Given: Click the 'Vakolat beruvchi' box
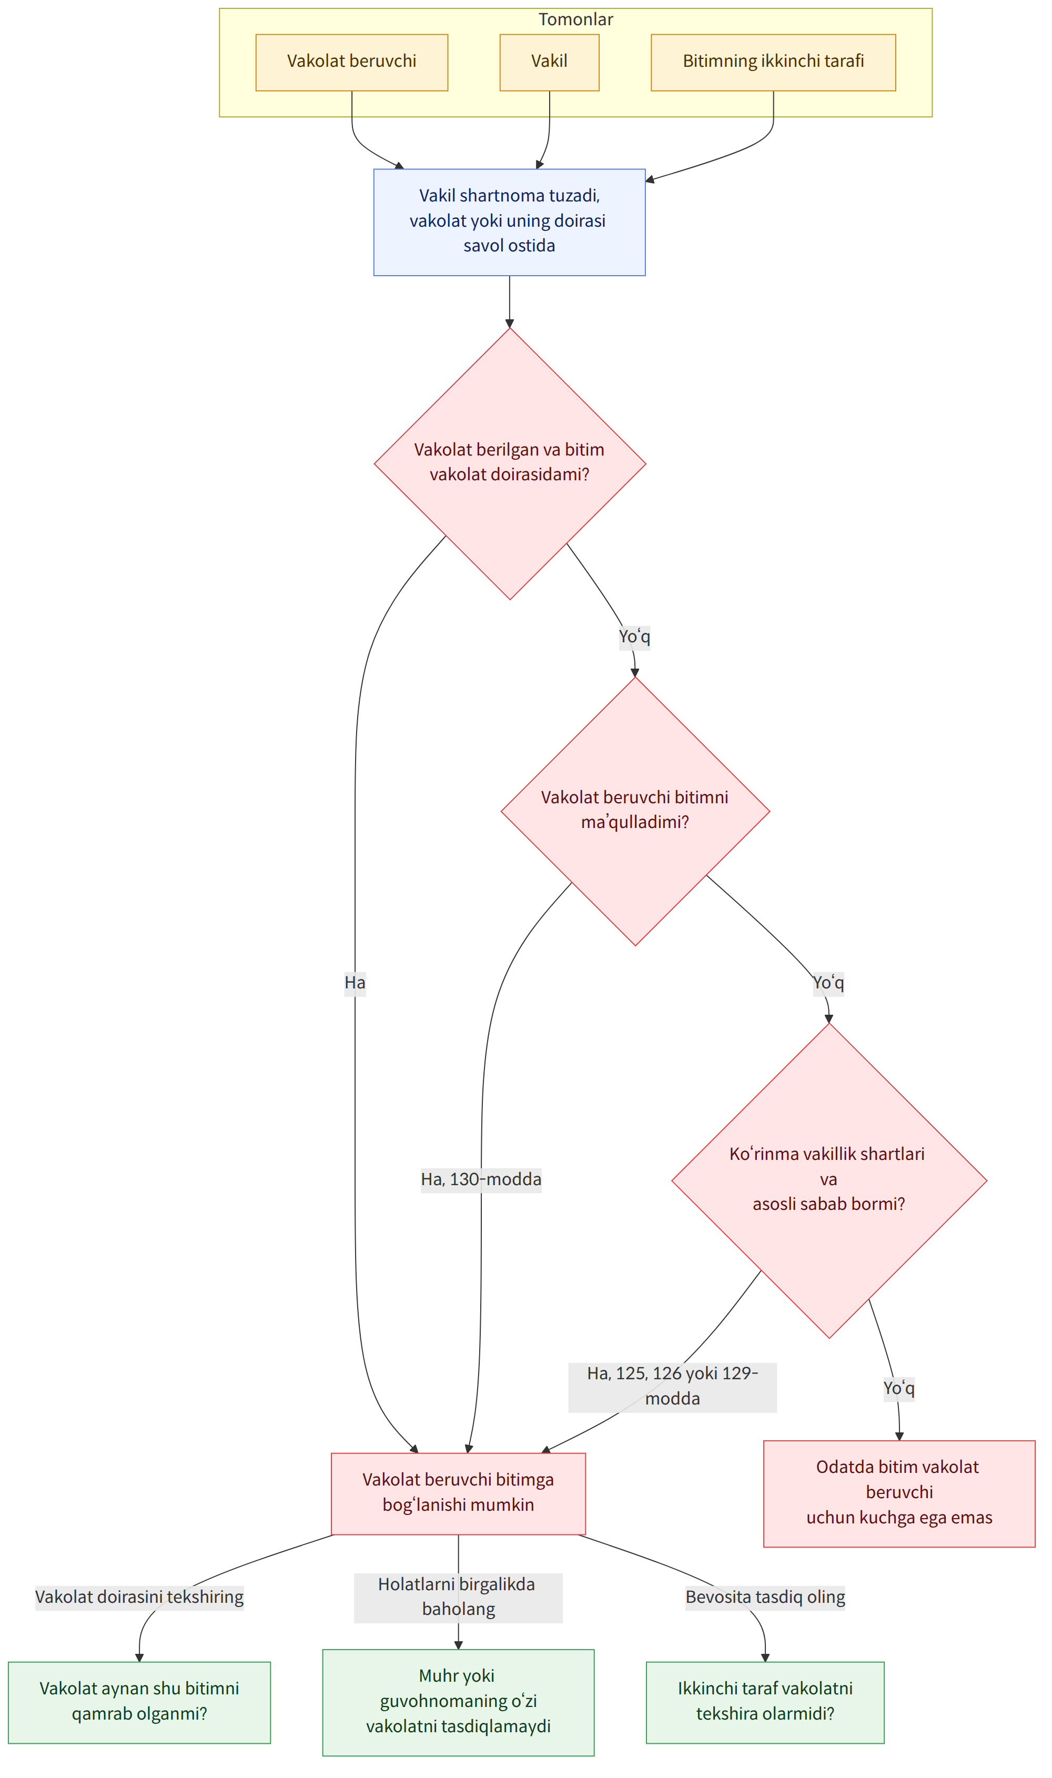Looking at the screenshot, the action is click(351, 63).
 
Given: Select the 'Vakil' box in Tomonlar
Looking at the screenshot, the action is click(549, 63).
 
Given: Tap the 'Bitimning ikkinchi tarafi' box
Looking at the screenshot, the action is click(773, 63).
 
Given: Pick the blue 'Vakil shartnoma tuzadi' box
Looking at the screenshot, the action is click(510, 222).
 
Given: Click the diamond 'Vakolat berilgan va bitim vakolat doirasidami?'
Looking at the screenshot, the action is click(510, 463).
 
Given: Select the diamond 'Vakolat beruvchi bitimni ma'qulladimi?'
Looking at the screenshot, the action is click(635, 811).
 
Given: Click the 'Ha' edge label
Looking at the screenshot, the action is click(355, 983).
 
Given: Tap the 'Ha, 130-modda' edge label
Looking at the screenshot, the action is click(481, 1179).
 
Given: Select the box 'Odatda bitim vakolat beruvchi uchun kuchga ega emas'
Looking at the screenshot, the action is click(899, 1492).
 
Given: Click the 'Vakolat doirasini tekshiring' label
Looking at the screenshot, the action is click(139, 1597).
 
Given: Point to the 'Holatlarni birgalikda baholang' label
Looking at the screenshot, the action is click(459, 1597).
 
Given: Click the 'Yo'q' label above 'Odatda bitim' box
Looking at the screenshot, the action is click(899, 1387).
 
